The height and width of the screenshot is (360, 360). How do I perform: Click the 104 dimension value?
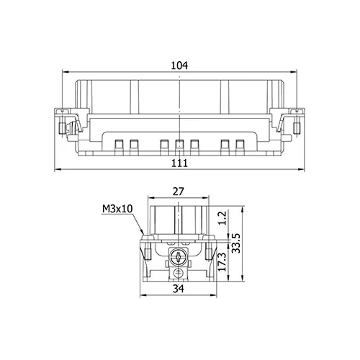click(179, 66)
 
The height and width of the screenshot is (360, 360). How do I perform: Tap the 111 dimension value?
click(179, 163)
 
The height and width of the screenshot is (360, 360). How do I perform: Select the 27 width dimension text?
click(179, 192)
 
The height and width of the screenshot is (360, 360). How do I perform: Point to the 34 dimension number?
click(179, 288)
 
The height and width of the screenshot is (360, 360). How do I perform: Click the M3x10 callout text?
click(117, 209)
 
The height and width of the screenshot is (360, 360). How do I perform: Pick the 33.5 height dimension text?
click(236, 243)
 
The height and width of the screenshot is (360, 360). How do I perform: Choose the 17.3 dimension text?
click(222, 261)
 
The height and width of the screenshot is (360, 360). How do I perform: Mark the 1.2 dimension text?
click(222, 218)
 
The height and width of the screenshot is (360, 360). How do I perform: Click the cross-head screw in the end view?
click(178, 257)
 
